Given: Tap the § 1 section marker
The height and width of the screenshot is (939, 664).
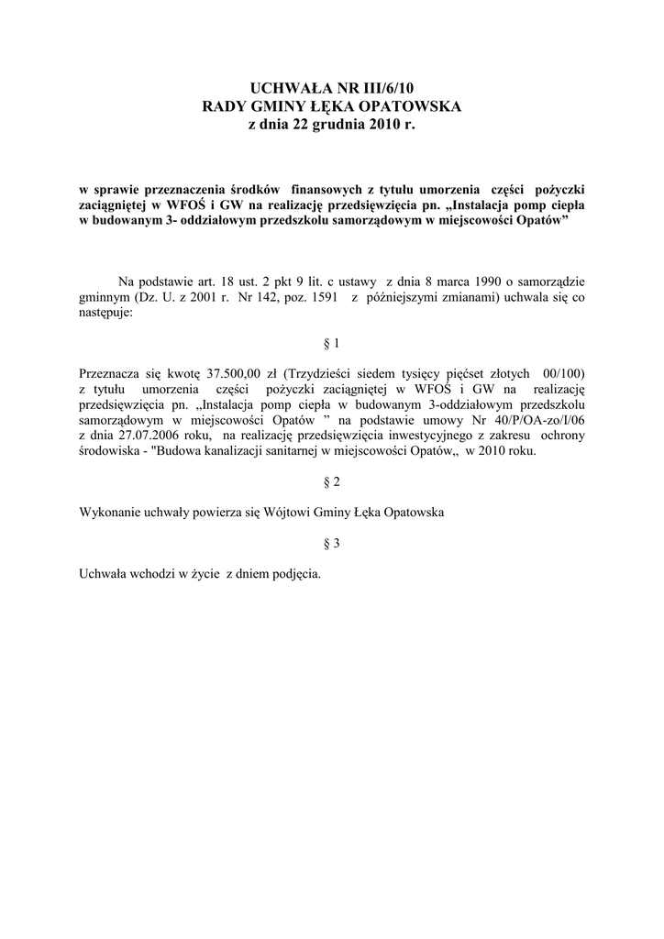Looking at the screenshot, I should [332, 344].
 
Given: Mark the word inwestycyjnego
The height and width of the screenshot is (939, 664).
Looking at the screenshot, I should [469, 436].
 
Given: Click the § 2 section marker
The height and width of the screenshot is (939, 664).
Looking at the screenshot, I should [332, 482].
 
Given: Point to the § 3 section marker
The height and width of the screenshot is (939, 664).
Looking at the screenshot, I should [332, 543].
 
